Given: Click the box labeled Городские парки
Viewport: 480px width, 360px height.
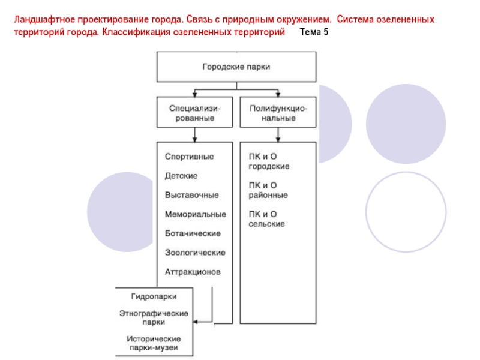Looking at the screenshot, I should (x=236, y=67).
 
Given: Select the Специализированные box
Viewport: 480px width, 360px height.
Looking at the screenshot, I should (x=194, y=113).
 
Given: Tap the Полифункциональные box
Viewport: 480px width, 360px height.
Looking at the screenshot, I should (x=278, y=113).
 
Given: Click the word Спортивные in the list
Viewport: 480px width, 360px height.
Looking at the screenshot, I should (x=190, y=157).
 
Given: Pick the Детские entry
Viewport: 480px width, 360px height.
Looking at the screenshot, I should (x=181, y=176).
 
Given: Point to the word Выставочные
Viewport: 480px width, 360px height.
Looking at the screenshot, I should (x=192, y=195).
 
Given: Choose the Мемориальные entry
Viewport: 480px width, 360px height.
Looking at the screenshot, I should (x=195, y=214).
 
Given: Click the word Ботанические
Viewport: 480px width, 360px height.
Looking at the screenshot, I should (x=193, y=233).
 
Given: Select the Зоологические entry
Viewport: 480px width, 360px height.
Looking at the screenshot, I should (x=195, y=253).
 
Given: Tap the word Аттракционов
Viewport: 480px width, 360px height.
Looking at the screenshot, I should (x=193, y=272).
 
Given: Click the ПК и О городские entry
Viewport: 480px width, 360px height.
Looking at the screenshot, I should (x=269, y=161).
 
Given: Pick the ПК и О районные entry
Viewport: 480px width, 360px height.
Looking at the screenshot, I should (x=268, y=190).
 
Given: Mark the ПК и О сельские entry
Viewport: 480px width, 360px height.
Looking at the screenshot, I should (x=267, y=219).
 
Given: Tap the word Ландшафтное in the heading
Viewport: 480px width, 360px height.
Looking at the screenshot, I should (x=43, y=19).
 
